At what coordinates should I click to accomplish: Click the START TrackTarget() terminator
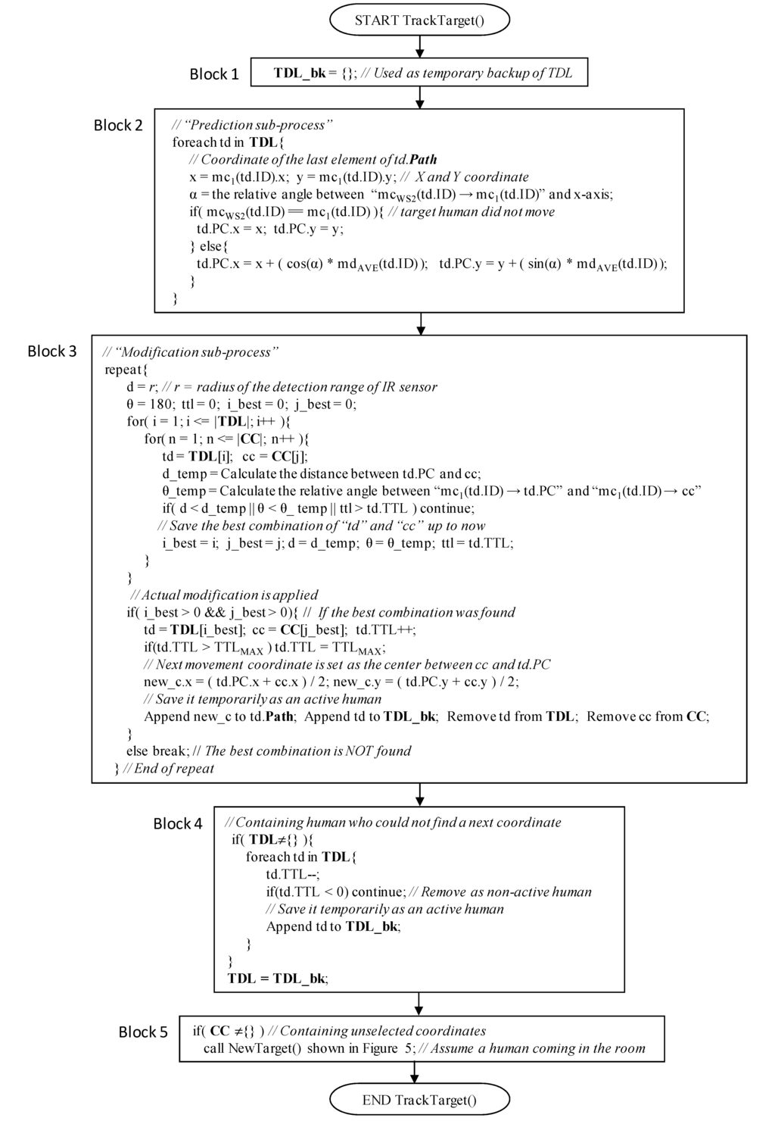click(419, 20)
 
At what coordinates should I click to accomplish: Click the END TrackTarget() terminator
click(419, 1100)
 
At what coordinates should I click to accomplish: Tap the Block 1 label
click(213, 74)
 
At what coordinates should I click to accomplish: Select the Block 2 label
click(118, 126)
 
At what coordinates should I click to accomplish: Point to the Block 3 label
click(52, 351)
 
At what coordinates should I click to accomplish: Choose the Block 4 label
click(178, 824)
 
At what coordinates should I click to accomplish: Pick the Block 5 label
click(143, 1032)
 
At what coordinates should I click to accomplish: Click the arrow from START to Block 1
click(420, 47)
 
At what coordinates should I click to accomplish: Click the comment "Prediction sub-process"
click(252, 125)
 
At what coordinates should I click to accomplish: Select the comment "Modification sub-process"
click(191, 352)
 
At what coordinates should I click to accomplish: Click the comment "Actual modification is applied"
click(224, 595)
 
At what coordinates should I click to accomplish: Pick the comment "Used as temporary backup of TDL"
click(467, 73)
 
